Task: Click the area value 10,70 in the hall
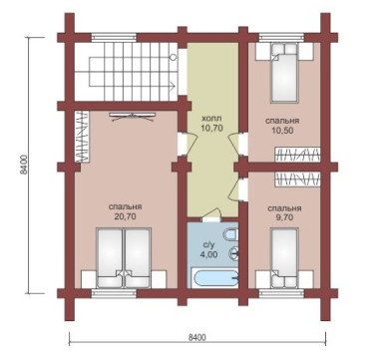pos(211,128)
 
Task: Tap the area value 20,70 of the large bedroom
pos(125,216)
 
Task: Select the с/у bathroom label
pos(207,245)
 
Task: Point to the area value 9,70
pos(284,217)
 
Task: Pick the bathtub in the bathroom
pos(215,278)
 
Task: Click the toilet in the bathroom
pos(231,234)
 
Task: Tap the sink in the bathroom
pos(233,253)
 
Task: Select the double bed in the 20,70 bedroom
pos(124,257)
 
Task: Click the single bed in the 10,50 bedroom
pos(284,73)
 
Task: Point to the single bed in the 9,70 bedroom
pos(284,258)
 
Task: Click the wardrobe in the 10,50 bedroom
pos(297,155)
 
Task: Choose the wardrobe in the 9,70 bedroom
pos(297,180)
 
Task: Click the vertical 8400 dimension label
pos(23,165)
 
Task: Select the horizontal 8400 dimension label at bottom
pos(197,338)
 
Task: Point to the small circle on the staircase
pos(173,57)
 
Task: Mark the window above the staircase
pos(114,37)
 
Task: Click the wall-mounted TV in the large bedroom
pos(133,116)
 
